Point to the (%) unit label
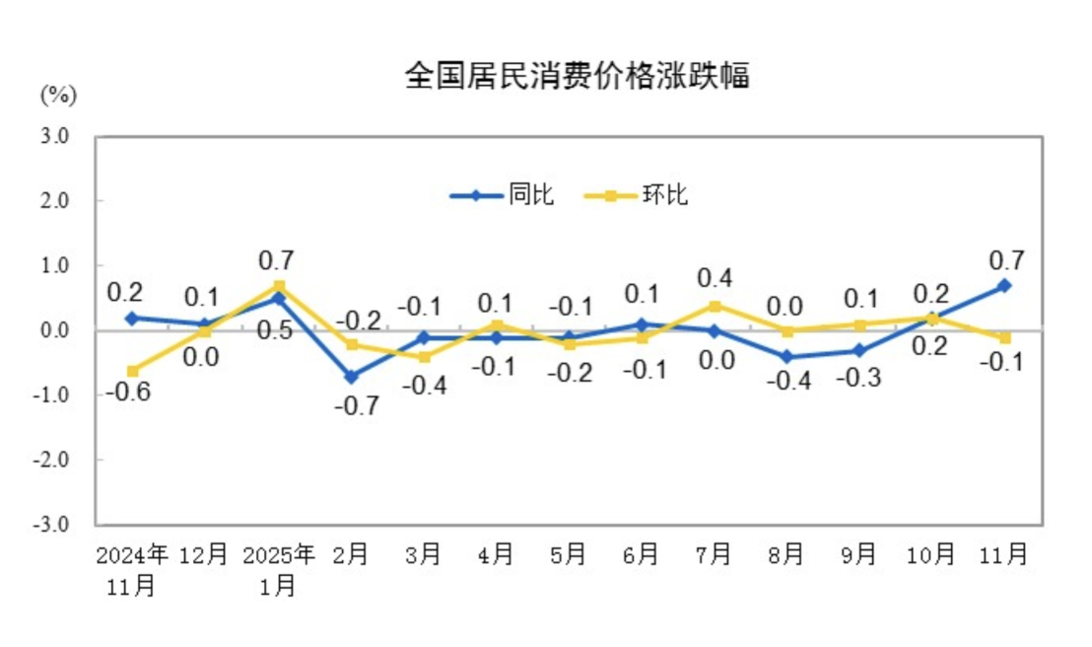click(x=57, y=96)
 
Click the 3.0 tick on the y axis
click(x=54, y=136)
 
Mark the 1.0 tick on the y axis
click(x=54, y=265)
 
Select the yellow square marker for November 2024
click(x=132, y=371)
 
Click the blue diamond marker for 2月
click(x=351, y=376)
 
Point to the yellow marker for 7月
click(x=714, y=306)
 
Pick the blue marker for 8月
click(x=786, y=357)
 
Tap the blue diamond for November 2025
click(x=1004, y=285)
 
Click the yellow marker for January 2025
click(x=279, y=286)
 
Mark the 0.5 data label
click(x=275, y=331)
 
